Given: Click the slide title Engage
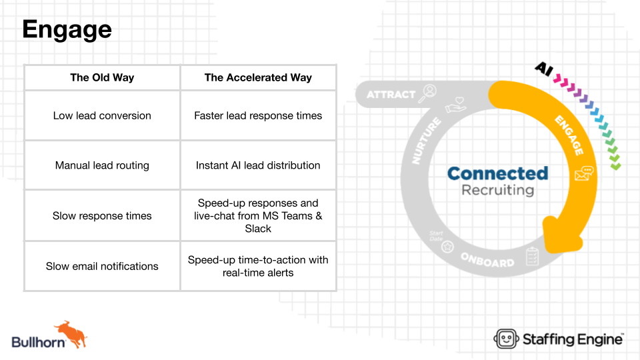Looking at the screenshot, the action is [x=67, y=30].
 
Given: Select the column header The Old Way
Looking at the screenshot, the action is [x=102, y=77].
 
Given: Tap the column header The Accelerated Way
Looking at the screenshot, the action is [x=258, y=77].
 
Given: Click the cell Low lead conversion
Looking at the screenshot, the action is [x=102, y=115].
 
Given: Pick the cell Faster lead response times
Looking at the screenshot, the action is [x=258, y=115].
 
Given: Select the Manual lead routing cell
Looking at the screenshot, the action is [x=102, y=165].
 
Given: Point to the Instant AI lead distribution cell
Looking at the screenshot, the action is [x=258, y=165].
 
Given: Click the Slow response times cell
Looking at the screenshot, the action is [x=102, y=215].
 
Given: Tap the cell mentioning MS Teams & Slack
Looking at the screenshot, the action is [x=258, y=215].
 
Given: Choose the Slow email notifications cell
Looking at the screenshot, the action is [x=102, y=266].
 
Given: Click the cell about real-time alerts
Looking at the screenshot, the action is [x=258, y=266].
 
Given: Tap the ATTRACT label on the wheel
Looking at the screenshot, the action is [x=391, y=95].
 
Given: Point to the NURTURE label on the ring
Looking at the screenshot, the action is [x=426, y=141].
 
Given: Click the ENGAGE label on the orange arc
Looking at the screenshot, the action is [x=569, y=135].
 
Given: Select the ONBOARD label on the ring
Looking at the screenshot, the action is [x=487, y=260].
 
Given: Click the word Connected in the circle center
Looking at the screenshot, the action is [x=497, y=173].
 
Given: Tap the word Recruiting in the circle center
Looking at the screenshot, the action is [x=497, y=190].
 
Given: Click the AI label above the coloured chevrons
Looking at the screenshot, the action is [x=544, y=69].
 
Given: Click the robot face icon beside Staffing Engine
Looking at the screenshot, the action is [x=506, y=339].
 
